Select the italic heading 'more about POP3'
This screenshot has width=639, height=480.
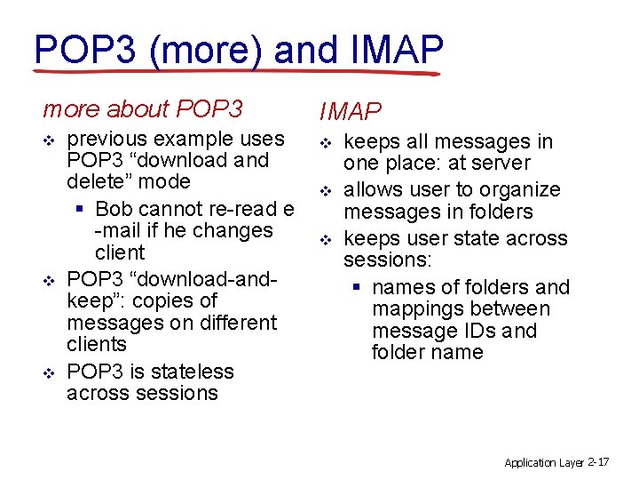(142, 109)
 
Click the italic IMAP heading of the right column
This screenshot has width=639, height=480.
(350, 111)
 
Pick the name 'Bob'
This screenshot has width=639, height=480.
(114, 209)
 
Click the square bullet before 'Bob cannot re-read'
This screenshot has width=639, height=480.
(81, 210)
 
